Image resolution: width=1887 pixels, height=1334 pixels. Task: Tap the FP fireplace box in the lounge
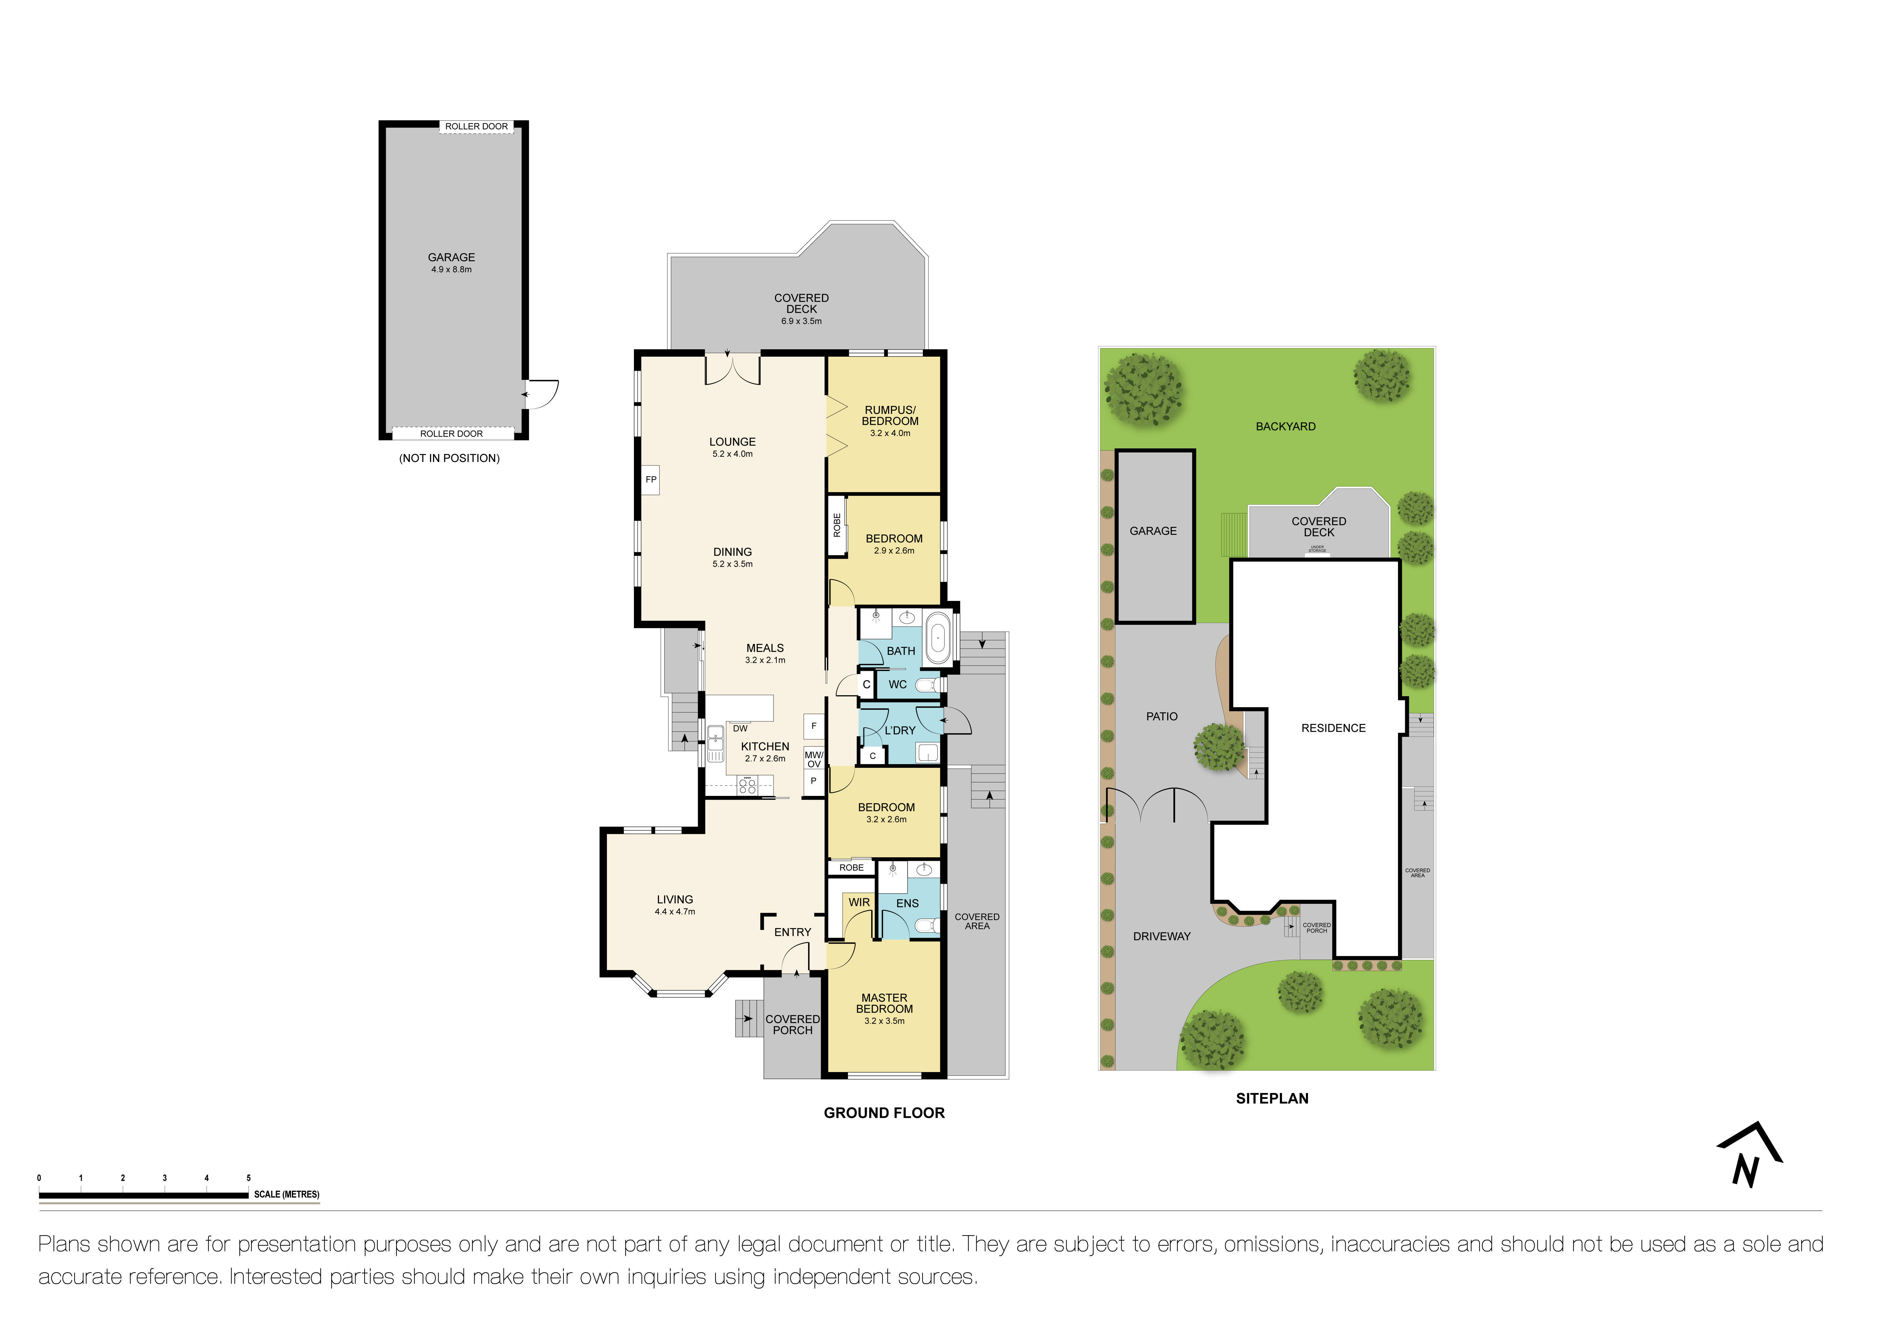651,480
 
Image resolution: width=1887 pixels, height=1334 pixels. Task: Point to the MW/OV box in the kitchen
814,759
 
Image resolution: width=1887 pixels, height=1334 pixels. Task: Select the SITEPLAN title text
1271,1098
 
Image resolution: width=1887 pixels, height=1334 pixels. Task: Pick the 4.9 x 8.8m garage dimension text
451,269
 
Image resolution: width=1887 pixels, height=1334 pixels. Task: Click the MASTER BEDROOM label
884,1003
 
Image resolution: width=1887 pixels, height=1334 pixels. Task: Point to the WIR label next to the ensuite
859,902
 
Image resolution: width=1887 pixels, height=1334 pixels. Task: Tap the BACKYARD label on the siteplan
1285,426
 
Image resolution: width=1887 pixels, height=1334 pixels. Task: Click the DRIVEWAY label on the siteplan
1161,936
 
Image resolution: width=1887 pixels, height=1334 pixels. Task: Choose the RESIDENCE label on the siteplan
1333,728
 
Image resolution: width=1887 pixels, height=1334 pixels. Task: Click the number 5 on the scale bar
248,1178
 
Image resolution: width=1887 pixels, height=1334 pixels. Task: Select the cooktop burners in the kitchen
747,786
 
